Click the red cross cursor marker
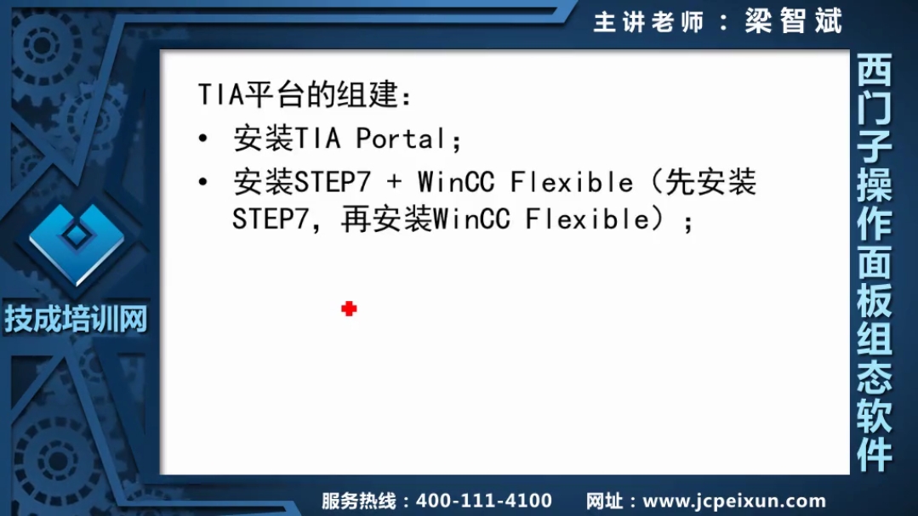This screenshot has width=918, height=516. (x=349, y=309)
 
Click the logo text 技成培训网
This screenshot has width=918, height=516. (x=76, y=319)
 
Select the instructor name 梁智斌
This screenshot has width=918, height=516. (x=793, y=21)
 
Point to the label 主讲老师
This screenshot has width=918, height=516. (x=648, y=22)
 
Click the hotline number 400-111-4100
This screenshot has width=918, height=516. (x=483, y=501)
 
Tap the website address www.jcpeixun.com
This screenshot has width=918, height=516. (x=734, y=501)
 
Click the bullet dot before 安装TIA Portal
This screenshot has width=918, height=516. (x=203, y=139)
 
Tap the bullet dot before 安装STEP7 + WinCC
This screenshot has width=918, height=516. (x=203, y=182)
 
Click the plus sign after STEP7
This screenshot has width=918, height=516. (x=394, y=182)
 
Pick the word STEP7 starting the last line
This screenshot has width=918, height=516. (x=270, y=219)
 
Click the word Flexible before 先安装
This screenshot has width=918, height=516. (x=572, y=182)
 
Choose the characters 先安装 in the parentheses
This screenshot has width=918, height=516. (x=710, y=182)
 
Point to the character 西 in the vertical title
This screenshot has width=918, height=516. (x=875, y=71)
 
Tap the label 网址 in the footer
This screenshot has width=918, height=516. (x=604, y=501)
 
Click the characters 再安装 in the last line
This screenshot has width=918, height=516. (x=386, y=219)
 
